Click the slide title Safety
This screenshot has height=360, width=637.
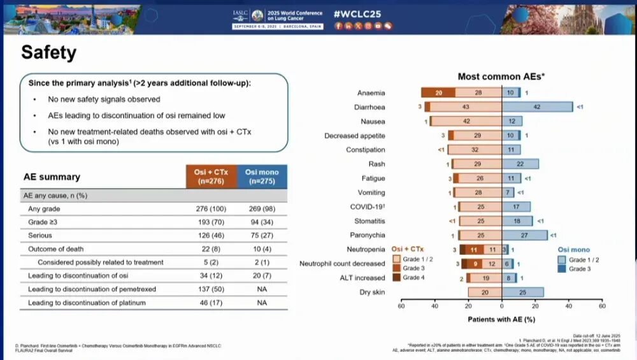click(x=50, y=52)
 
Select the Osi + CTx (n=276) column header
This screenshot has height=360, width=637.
click(x=211, y=176)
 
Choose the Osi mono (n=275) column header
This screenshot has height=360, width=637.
click(x=262, y=176)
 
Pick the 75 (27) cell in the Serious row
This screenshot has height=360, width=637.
click(x=262, y=235)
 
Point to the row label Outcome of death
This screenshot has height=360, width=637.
click(x=56, y=248)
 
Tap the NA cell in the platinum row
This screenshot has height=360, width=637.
click(x=262, y=303)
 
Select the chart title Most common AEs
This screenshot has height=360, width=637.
click(x=501, y=76)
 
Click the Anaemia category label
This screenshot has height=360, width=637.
click(x=371, y=93)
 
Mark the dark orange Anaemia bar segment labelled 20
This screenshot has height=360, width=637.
click(x=438, y=93)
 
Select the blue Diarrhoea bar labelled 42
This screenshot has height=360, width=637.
click(x=537, y=107)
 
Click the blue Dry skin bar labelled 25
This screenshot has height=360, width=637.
click(x=523, y=292)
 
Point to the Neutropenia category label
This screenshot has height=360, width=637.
click(x=366, y=249)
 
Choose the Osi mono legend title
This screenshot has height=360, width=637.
click(x=574, y=250)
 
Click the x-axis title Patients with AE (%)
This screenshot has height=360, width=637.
click(x=501, y=318)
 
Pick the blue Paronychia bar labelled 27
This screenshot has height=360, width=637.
click(x=524, y=235)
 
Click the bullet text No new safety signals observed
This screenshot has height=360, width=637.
click(x=104, y=99)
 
